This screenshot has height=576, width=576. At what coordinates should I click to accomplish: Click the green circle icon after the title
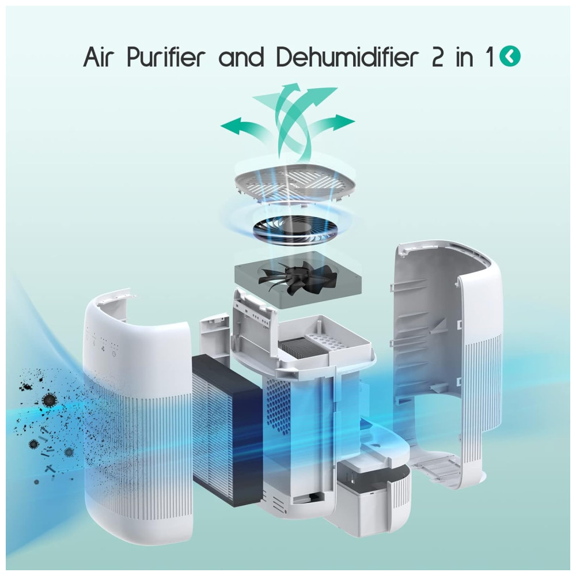[x=510, y=57]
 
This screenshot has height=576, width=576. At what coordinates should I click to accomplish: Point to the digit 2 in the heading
[x=438, y=58]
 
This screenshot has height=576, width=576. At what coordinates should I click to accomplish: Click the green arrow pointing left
[x=243, y=127]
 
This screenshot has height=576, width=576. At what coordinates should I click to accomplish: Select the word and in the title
[x=242, y=58]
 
